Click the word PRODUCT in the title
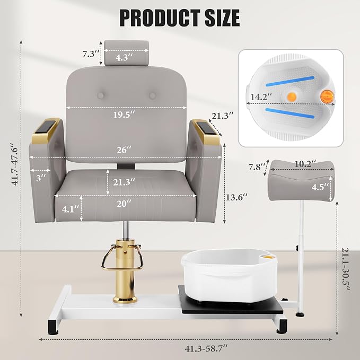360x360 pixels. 160,18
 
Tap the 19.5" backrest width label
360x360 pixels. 124,115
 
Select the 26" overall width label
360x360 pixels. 124,150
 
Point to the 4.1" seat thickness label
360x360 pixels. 71,209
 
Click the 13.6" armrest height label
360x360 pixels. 236,197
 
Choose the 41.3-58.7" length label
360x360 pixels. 206,348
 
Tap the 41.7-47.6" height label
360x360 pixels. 15,164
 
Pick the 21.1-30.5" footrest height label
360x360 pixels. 346,269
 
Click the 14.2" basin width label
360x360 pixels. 261,96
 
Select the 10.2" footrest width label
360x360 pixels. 305,164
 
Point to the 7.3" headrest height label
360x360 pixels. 91,54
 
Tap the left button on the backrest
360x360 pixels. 100,95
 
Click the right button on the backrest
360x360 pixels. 153,95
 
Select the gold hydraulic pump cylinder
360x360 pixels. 125,271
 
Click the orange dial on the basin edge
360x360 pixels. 327,96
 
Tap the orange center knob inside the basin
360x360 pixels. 292,96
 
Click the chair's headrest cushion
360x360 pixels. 127,52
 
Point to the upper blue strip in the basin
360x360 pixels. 290,81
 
